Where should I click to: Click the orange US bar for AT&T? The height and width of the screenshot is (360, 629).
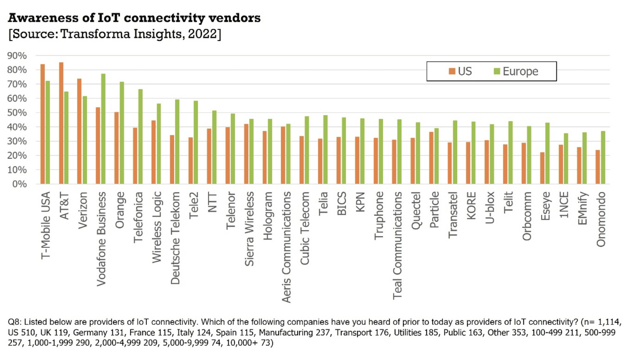61,123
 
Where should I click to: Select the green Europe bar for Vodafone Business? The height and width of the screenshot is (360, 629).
103,129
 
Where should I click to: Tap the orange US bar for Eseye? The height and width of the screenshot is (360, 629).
542,168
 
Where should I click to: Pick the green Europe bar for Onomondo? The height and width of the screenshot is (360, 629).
603,157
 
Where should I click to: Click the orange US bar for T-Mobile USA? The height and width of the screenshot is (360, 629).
43,124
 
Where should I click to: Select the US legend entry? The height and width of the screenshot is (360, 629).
460,71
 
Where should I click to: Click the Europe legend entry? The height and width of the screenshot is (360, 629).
516,71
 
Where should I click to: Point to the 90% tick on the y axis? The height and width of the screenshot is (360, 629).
17,56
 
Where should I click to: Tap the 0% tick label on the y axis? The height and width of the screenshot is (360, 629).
19,184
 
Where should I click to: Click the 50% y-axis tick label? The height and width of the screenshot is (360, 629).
17,112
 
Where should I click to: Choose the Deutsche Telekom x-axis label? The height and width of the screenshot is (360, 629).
175,238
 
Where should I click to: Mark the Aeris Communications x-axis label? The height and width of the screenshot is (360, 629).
286,247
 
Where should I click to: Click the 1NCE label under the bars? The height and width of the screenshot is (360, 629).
564,205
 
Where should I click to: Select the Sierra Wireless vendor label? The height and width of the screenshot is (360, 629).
249,229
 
